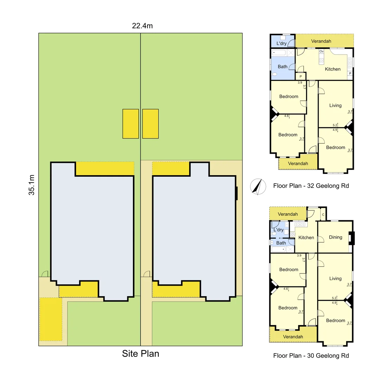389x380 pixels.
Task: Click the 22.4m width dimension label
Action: (x=142, y=26)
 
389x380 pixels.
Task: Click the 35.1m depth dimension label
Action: (x=32, y=185)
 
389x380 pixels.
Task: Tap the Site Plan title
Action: (x=140, y=354)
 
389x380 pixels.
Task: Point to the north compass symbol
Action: (x=257, y=186)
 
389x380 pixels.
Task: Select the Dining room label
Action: (x=335, y=237)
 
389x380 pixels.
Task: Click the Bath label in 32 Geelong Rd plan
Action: (x=282, y=66)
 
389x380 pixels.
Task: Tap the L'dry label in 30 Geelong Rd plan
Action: (x=278, y=230)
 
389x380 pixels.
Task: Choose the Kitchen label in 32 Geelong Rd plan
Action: (x=332, y=69)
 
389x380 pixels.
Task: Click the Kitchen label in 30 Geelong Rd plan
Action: (x=306, y=237)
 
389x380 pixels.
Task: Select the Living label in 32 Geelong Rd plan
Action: (x=335, y=105)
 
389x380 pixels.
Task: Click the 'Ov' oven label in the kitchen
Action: (x=321, y=51)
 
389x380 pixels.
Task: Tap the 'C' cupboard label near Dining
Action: (x=323, y=214)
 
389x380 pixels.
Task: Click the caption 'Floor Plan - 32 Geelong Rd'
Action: (x=311, y=186)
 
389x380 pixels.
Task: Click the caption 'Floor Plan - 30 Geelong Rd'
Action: (x=311, y=356)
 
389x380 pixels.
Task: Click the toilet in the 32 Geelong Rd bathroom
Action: (x=274, y=74)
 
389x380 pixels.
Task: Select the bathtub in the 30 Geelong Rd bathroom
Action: (x=280, y=249)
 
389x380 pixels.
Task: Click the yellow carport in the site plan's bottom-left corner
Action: (x=51, y=319)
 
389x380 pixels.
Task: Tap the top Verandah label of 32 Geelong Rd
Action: (x=321, y=41)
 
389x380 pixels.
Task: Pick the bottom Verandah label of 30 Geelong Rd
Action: (x=293, y=337)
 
